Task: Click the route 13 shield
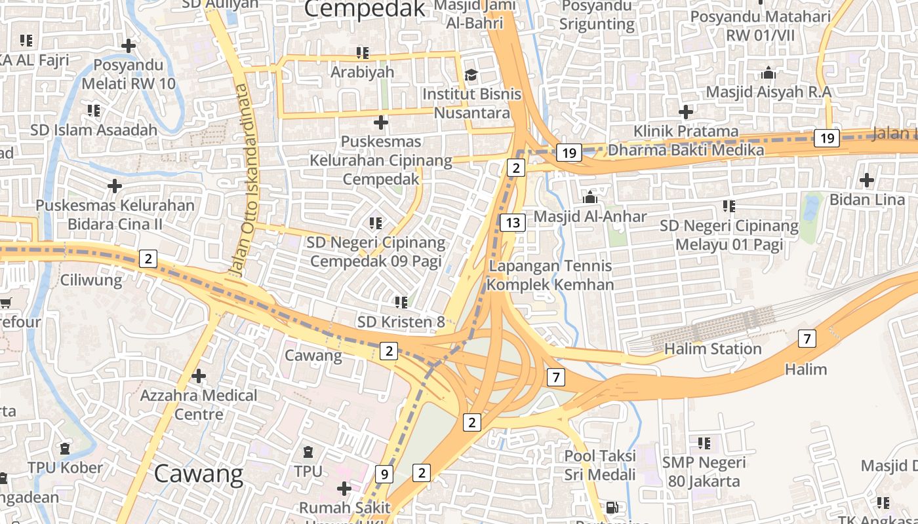click(513, 223)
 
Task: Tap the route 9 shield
click(384, 474)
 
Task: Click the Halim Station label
click(713, 348)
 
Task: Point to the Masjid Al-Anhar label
click(590, 216)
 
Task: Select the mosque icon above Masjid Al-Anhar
click(590, 196)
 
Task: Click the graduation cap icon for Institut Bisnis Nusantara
click(471, 75)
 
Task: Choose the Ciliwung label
click(91, 280)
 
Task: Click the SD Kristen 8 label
click(401, 322)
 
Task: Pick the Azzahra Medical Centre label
click(199, 405)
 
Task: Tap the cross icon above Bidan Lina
click(867, 179)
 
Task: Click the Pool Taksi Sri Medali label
click(600, 464)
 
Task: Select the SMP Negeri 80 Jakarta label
click(704, 472)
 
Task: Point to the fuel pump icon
click(611, 507)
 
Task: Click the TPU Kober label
click(65, 468)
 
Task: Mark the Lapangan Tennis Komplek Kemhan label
click(550, 275)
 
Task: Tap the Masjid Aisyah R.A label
click(768, 92)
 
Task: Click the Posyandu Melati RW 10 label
click(129, 74)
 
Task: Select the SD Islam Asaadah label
click(94, 130)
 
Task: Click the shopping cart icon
click(5, 302)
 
